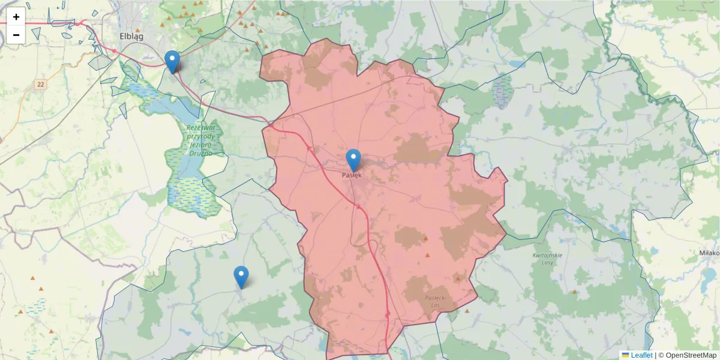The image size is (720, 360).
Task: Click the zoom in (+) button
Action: click(16, 17)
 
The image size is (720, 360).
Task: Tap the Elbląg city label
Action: click(131, 36)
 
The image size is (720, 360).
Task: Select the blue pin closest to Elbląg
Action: click(172, 61)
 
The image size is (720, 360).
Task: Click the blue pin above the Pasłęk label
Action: click(353, 160)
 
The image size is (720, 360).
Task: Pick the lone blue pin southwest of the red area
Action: click(241, 277)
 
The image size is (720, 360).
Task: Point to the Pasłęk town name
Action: click(352, 175)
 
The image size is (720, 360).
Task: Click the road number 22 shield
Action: click(40, 85)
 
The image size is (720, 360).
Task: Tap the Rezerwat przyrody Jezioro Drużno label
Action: click(200, 140)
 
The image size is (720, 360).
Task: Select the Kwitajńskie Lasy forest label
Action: click(547, 259)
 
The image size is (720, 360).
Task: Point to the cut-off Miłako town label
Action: click(709, 253)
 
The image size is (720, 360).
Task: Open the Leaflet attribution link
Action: click(641, 355)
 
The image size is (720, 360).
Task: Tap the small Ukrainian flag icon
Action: click(625, 355)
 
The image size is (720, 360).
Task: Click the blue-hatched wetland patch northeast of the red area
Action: click(502, 90)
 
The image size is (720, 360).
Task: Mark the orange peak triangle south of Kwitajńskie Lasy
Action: click(575, 292)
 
